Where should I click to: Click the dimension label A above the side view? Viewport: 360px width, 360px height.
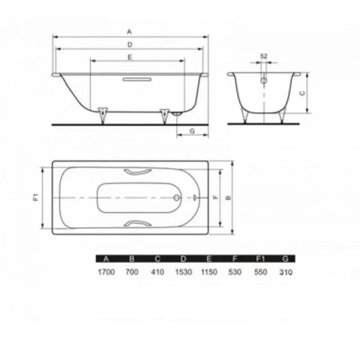click(130, 31)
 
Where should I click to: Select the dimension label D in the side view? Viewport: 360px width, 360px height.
click(130, 44)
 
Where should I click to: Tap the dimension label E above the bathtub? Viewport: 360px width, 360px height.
click(130, 57)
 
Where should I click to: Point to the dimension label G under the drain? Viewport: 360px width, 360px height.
click(192, 130)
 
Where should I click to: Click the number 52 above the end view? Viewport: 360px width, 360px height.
click(264, 56)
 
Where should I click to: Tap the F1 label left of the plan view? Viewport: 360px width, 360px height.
click(35, 197)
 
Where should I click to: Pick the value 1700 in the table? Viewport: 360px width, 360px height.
click(105, 272)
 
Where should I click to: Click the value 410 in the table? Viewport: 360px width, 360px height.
click(157, 272)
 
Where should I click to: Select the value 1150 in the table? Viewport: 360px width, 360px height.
click(209, 272)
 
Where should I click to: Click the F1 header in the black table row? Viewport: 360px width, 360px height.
click(260, 259)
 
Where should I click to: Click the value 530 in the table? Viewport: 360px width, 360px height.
click(235, 272)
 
